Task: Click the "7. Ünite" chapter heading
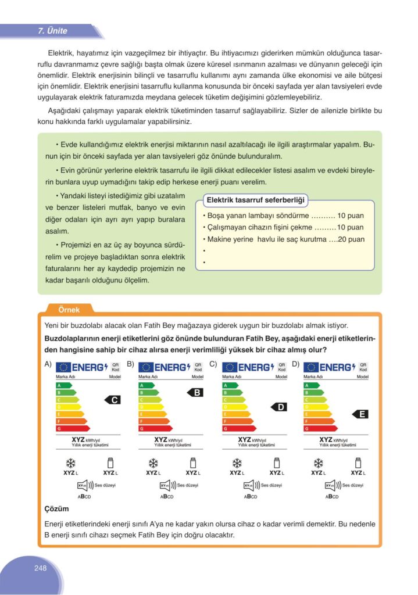[x=53, y=31]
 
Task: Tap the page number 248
[x=40, y=568]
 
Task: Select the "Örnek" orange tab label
[x=69, y=310]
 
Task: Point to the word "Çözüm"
[x=56, y=508]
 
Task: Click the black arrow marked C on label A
[x=114, y=400]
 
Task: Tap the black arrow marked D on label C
[x=280, y=407]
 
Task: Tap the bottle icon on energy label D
[x=359, y=463]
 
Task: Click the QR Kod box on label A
[x=115, y=367]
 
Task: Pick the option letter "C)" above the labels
[x=213, y=364]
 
